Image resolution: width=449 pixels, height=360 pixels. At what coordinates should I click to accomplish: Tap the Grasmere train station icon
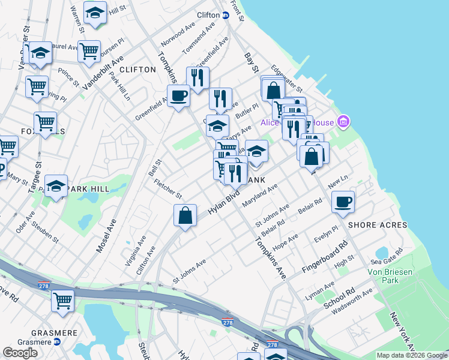coord(57,341)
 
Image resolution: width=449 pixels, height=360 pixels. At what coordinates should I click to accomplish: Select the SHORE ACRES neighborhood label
coord(377,225)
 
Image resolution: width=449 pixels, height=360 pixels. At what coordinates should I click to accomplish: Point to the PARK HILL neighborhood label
coord(88,189)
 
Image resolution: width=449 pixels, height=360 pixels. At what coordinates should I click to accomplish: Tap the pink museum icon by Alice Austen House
coord(343,122)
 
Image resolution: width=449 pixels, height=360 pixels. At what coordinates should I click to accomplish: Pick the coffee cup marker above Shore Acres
coord(343,202)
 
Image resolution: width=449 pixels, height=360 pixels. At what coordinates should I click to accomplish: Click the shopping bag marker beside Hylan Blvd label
coord(185,215)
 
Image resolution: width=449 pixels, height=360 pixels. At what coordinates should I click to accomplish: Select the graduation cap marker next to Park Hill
coord(56,186)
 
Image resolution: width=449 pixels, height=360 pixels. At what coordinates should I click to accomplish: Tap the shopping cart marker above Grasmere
coord(62,301)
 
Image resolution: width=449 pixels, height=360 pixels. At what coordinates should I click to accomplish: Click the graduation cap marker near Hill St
coord(95,13)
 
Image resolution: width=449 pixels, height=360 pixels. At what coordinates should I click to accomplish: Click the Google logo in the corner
coord(20,353)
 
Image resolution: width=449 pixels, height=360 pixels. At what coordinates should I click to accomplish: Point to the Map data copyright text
coord(412,355)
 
